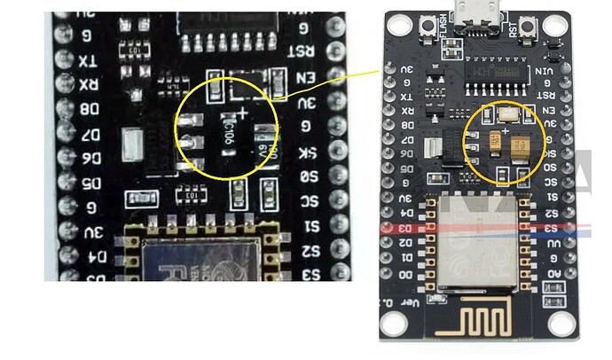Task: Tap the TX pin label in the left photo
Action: (x=87, y=61)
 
